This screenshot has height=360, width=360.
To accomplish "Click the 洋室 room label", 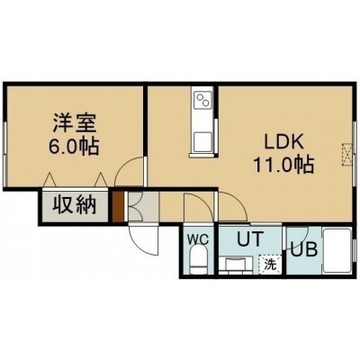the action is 75,123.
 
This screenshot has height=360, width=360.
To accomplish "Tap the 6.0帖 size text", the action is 74,147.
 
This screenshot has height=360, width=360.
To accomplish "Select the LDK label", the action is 283,142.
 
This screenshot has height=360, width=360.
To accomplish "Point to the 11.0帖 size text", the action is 283,165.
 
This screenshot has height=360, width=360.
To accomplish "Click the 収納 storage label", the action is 75,204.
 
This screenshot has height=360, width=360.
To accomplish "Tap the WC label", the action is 198,239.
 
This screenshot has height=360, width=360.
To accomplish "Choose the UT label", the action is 250,238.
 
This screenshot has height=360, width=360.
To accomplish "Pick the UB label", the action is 303,249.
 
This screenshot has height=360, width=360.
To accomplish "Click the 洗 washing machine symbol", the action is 270,264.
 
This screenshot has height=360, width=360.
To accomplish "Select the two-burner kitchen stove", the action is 202,101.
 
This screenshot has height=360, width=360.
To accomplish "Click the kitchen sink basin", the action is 202,142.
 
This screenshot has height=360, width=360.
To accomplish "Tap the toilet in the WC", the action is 199,259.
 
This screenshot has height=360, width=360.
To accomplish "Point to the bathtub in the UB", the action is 337,251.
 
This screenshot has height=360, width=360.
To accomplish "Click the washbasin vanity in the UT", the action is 237,265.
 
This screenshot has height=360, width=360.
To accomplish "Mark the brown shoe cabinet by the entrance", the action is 118,206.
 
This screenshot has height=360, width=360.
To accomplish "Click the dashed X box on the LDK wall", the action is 346,154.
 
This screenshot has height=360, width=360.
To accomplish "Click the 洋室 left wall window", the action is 4,154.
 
